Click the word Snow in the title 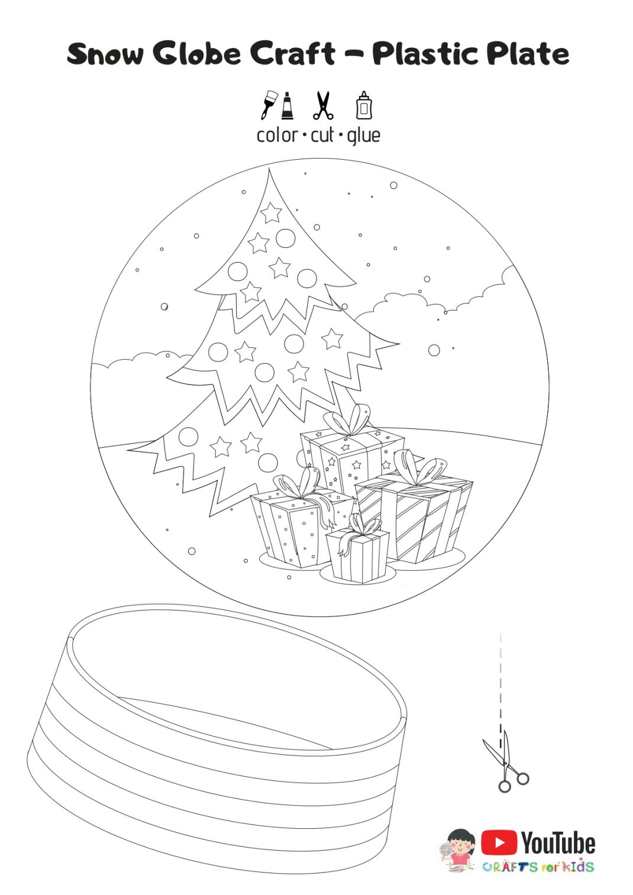click(x=105, y=54)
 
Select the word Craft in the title click(x=292, y=54)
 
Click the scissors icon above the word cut click(x=322, y=105)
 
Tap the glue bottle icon click(x=364, y=105)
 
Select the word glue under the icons click(x=364, y=136)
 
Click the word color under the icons click(x=277, y=135)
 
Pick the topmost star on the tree click(x=271, y=212)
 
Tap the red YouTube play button click(x=499, y=842)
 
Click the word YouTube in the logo click(x=558, y=843)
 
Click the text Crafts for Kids click(x=537, y=867)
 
